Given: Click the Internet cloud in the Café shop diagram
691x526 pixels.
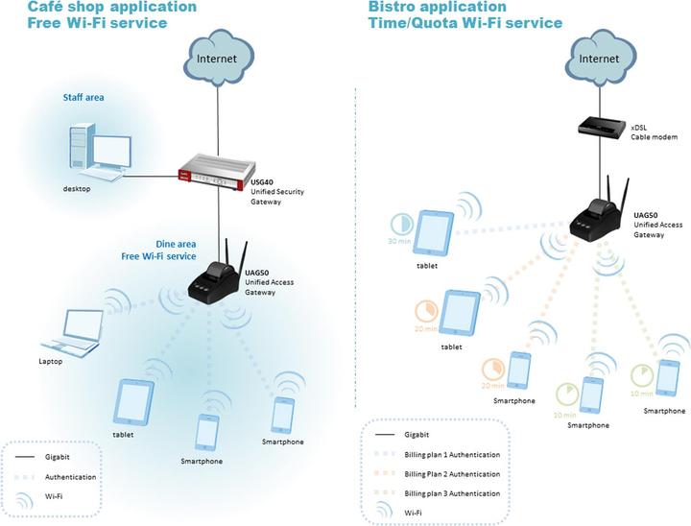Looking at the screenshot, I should (x=219, y=60).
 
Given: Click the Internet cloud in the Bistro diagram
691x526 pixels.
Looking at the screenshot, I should (x=601, y=59).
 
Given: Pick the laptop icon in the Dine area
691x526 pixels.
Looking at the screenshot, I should (x=76, y=331).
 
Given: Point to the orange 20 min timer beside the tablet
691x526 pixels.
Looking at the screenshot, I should (x=426, y=311).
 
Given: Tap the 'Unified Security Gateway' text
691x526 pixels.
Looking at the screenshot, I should (x=276, y=198).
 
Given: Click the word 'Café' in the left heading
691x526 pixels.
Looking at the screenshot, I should (x=20, y=8).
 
